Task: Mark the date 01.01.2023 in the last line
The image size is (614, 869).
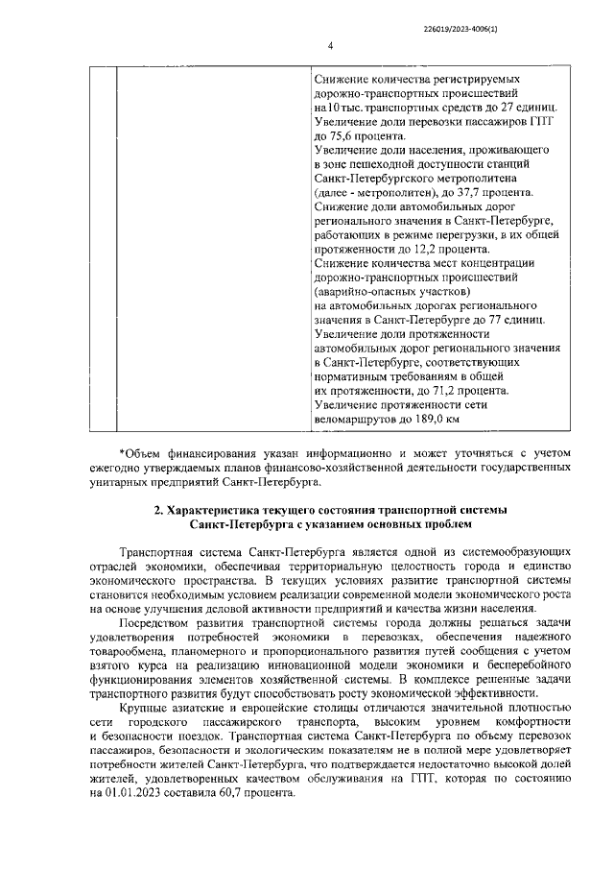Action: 135,795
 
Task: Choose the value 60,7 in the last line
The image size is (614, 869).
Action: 247,795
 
